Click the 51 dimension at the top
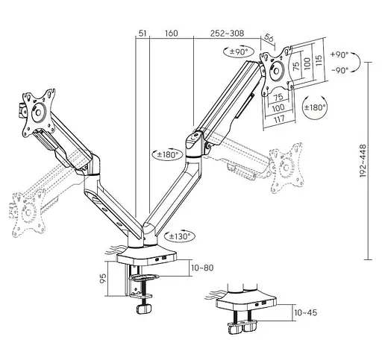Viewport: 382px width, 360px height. [x=142, y=34]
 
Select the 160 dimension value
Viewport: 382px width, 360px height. [x=171, y=34]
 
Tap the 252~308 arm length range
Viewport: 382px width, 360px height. [x=226, y=34]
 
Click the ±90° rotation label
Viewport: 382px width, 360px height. [x=238, y=51]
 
